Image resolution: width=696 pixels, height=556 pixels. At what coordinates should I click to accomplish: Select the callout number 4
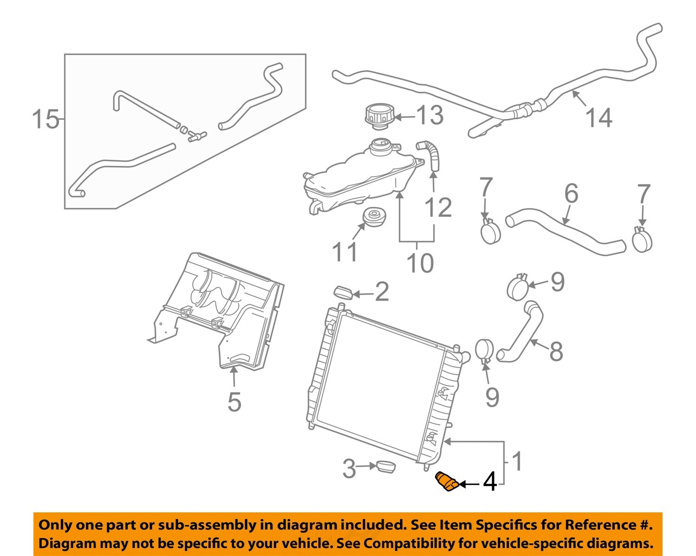click(x=490, y=483)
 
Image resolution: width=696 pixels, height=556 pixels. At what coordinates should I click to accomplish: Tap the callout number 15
click(x=46, y=119)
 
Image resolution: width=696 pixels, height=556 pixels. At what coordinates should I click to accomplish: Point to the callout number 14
click(x=599, y=118)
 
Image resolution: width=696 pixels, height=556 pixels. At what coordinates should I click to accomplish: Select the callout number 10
click(x=420, y=263)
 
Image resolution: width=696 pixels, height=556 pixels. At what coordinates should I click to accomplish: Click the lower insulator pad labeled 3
click(x=386, y=466)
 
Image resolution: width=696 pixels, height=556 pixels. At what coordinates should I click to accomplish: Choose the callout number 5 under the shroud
click(x=234, y=402)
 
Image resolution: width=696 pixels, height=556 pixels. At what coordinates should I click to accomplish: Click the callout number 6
click(x=571, y=194)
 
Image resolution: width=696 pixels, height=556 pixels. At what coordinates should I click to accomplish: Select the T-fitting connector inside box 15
click(x=197, y=136)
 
